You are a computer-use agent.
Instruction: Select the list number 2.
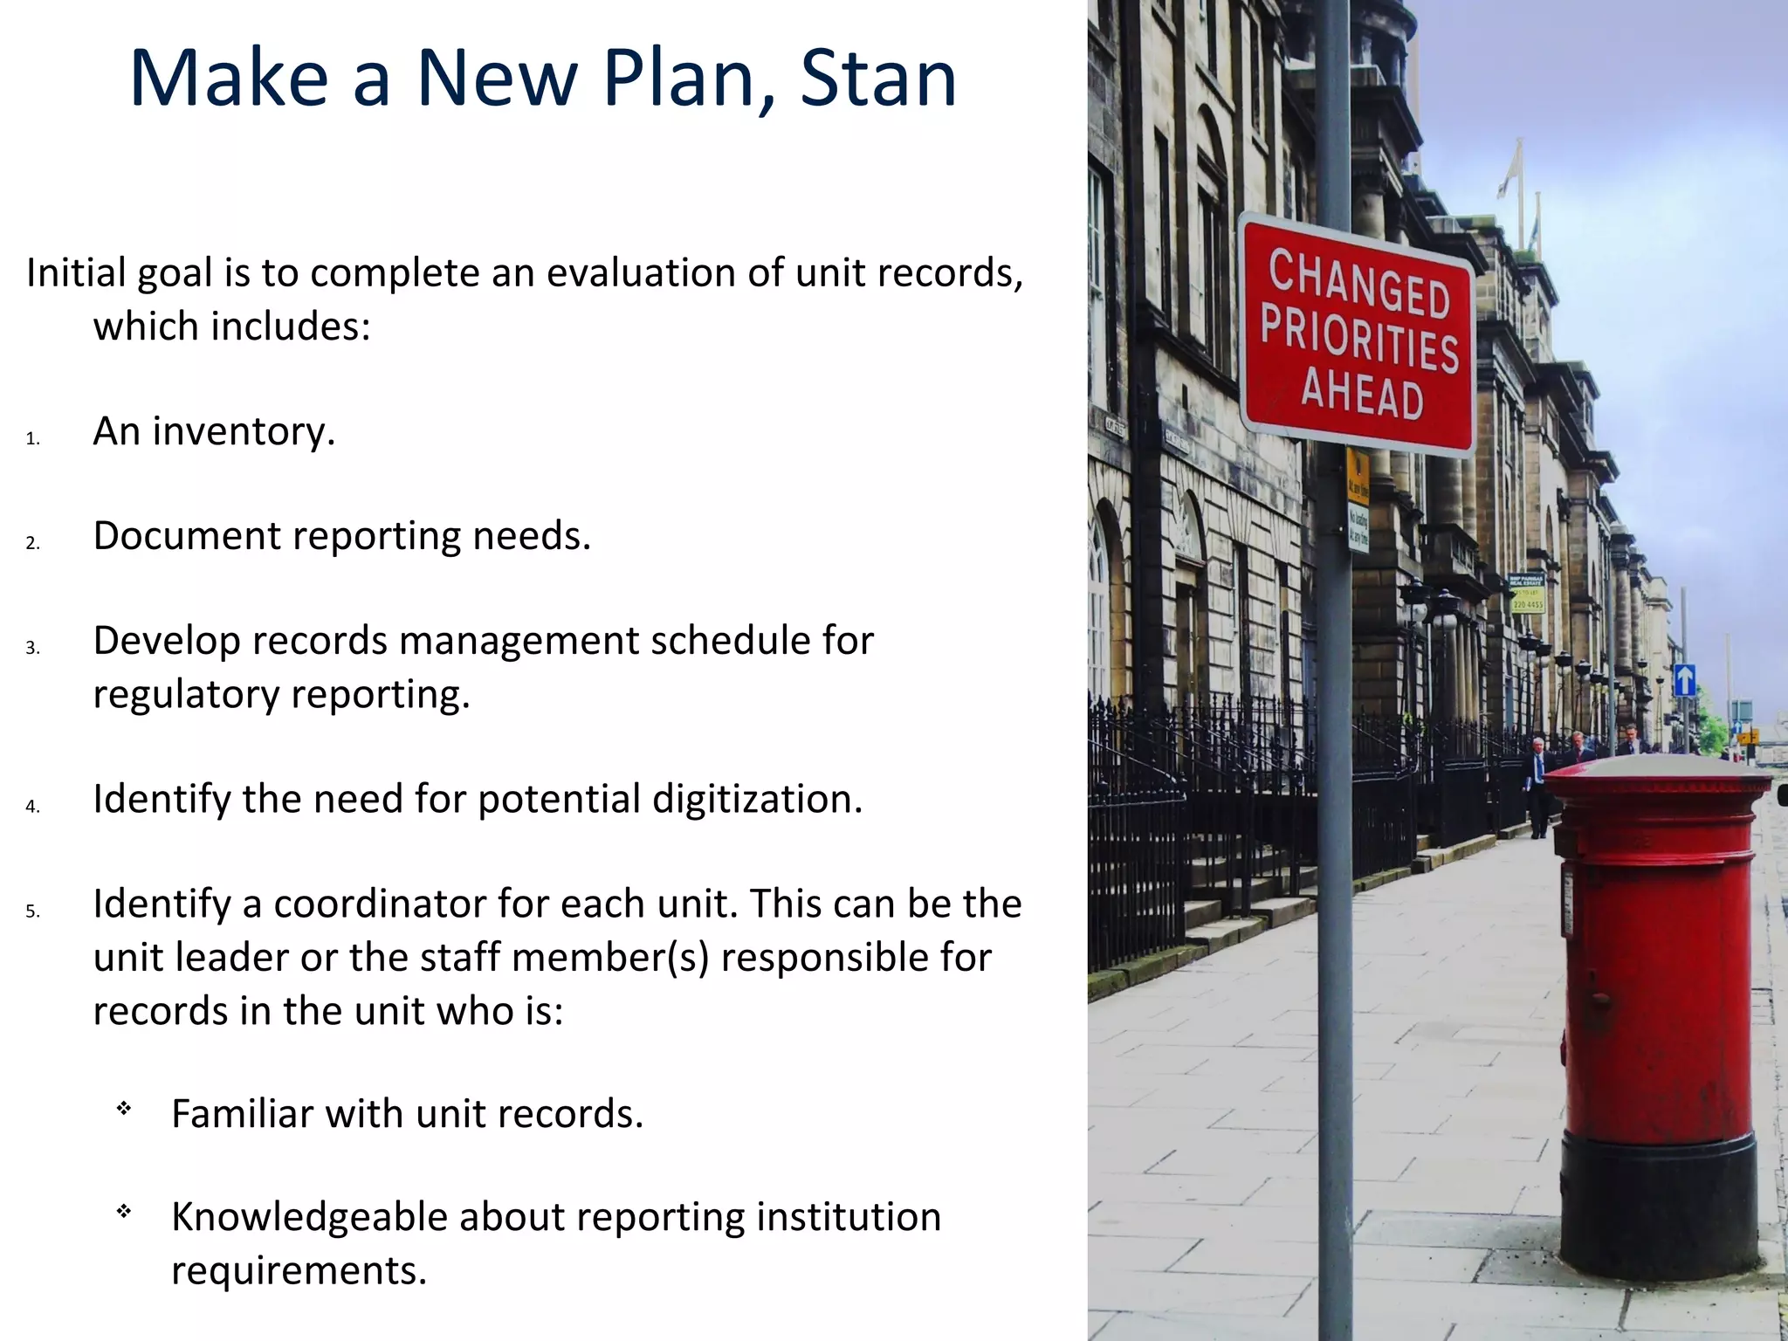(x=32, y=543)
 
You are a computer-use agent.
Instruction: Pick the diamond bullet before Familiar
(x=124, y=1109)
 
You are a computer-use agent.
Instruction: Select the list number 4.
(x=32, y=807)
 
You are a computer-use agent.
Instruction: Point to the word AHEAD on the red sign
(x=1362, y=394)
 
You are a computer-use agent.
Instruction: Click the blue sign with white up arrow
(x=1685, y=680)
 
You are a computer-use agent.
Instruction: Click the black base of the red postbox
(x=1656, y=1205)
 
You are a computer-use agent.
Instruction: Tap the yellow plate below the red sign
(x=1358, y=476)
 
